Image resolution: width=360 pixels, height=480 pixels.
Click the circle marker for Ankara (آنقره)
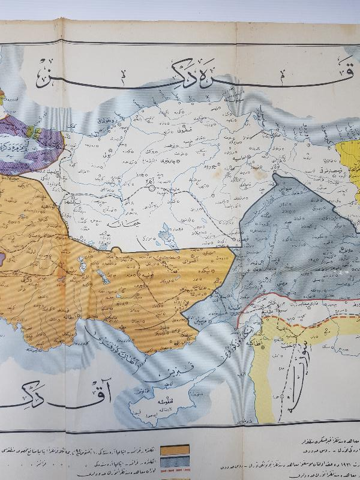point(152,188)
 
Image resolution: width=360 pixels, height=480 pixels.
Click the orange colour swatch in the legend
point(174,448)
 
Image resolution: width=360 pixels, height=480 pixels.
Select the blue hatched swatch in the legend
point(174,460)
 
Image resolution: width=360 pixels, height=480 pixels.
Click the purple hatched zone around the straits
point(36,144)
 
